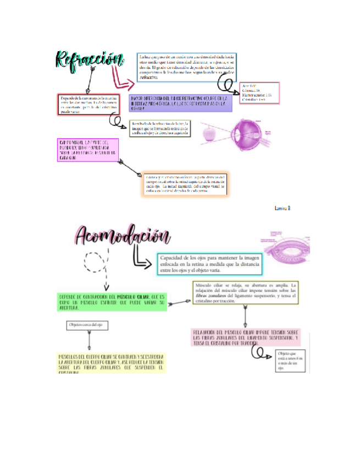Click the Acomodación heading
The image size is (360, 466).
(x=121, y=237)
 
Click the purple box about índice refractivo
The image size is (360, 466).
(x=180, y=103)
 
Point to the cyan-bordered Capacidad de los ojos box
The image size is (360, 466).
(x=209, y=264)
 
